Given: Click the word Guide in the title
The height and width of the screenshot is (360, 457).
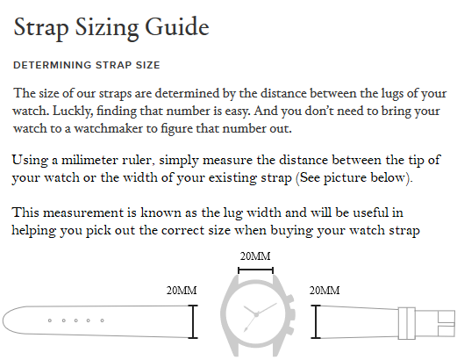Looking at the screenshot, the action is click(x=177, y=27).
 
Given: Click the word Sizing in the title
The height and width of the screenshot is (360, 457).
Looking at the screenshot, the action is click(x=107, y=29).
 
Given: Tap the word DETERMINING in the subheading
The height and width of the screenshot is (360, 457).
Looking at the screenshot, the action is click(x=53, y=65).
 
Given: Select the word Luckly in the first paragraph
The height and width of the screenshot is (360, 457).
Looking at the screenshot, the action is click(x=73, y=112).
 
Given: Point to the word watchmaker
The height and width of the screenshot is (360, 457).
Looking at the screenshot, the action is click(x=108, y=128).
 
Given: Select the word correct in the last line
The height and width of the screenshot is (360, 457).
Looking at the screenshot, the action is click(x=182, y=230).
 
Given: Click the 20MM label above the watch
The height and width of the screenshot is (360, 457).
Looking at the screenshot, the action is click(x=255, y=256).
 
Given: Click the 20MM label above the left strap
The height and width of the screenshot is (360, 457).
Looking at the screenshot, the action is click(x=182, y=291).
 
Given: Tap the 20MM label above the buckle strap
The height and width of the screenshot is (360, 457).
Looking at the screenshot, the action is click(x=325, y=291).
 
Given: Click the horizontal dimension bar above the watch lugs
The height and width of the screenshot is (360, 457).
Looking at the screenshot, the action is click(x=256, y=270).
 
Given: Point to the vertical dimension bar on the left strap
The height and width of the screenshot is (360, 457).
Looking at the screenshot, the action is click(x=193, y=321).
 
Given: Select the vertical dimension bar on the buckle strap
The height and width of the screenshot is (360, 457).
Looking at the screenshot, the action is click(x=316, y=321).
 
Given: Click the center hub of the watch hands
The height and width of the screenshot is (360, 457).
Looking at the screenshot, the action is click(x=256, y=314).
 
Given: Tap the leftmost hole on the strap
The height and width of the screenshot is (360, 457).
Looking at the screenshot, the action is click(x=50, y=320).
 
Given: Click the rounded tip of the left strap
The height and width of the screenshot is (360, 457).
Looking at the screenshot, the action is click(x=4, y=320).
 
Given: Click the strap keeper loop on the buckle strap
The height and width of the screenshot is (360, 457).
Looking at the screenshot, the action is click(x=407, y=323).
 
